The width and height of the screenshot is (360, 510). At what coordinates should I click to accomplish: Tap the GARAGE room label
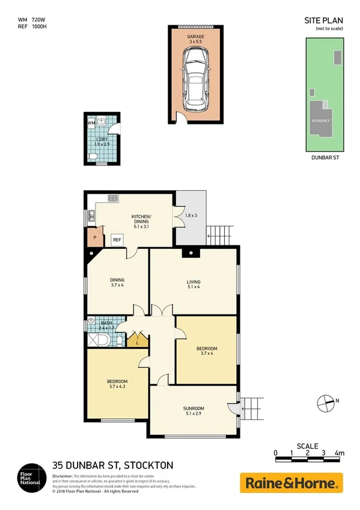click(x=197, y=37)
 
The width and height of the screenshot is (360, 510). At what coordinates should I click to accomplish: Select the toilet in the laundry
click(x=92, y=156)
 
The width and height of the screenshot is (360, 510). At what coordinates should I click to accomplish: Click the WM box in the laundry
click(x=91, y=123)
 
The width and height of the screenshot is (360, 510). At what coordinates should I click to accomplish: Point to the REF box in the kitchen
click(x=118, y=240)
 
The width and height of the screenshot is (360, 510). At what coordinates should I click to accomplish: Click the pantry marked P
click(x=94, y=238)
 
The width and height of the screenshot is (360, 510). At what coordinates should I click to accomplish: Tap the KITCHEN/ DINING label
click(x=141, y=220)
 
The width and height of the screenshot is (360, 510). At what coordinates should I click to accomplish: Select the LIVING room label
click(x=193, y=282)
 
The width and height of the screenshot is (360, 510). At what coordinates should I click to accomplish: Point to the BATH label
click(x=106, y=323)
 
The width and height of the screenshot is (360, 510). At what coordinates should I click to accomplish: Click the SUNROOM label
click(x=194, y=409)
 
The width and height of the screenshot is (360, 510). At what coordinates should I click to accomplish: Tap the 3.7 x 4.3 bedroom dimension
click(x=117, y=387)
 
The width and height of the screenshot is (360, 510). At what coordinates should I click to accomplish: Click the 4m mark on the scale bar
click(x=340, y=453)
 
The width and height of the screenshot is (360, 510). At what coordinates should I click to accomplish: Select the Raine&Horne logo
click(x=291, y=483)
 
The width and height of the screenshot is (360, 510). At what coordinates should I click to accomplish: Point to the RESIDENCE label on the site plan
click(x=320, y=121)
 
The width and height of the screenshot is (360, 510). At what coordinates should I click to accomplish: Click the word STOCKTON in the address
click(x=149, y=465)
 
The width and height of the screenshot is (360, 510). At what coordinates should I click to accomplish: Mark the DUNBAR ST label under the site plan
click(x=323, y=158)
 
